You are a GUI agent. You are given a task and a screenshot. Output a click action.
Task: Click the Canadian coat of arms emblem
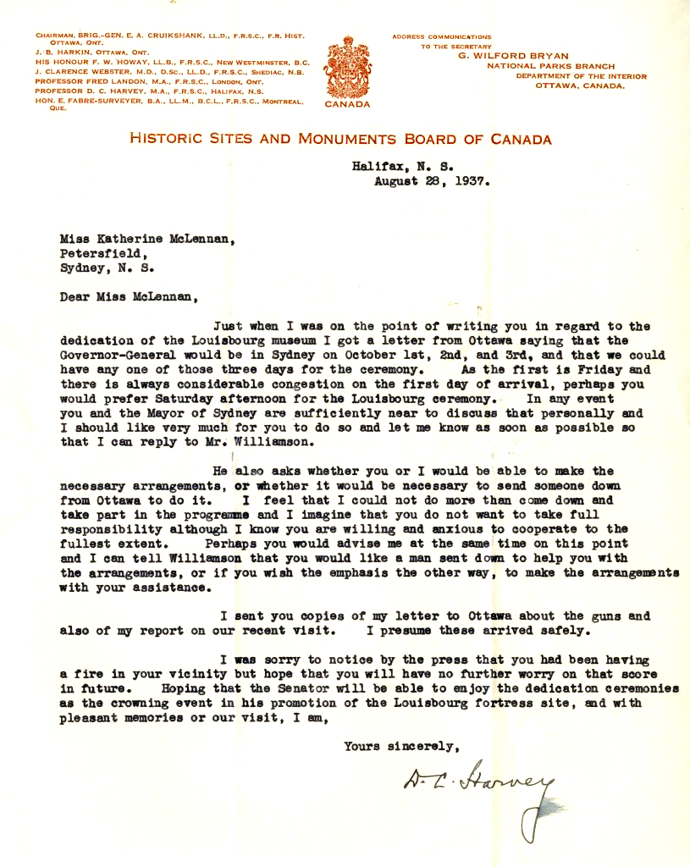pos(346,67)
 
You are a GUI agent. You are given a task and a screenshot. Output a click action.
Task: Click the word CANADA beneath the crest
pos(347,105)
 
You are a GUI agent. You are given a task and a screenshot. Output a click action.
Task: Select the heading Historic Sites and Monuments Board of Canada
pos(340,140)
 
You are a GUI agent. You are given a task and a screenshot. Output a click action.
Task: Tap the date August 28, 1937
pos(432,180)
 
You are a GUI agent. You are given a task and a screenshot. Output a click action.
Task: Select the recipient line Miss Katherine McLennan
pos(146,239)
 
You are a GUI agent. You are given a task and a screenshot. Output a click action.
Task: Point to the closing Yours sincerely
pos(401,746)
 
